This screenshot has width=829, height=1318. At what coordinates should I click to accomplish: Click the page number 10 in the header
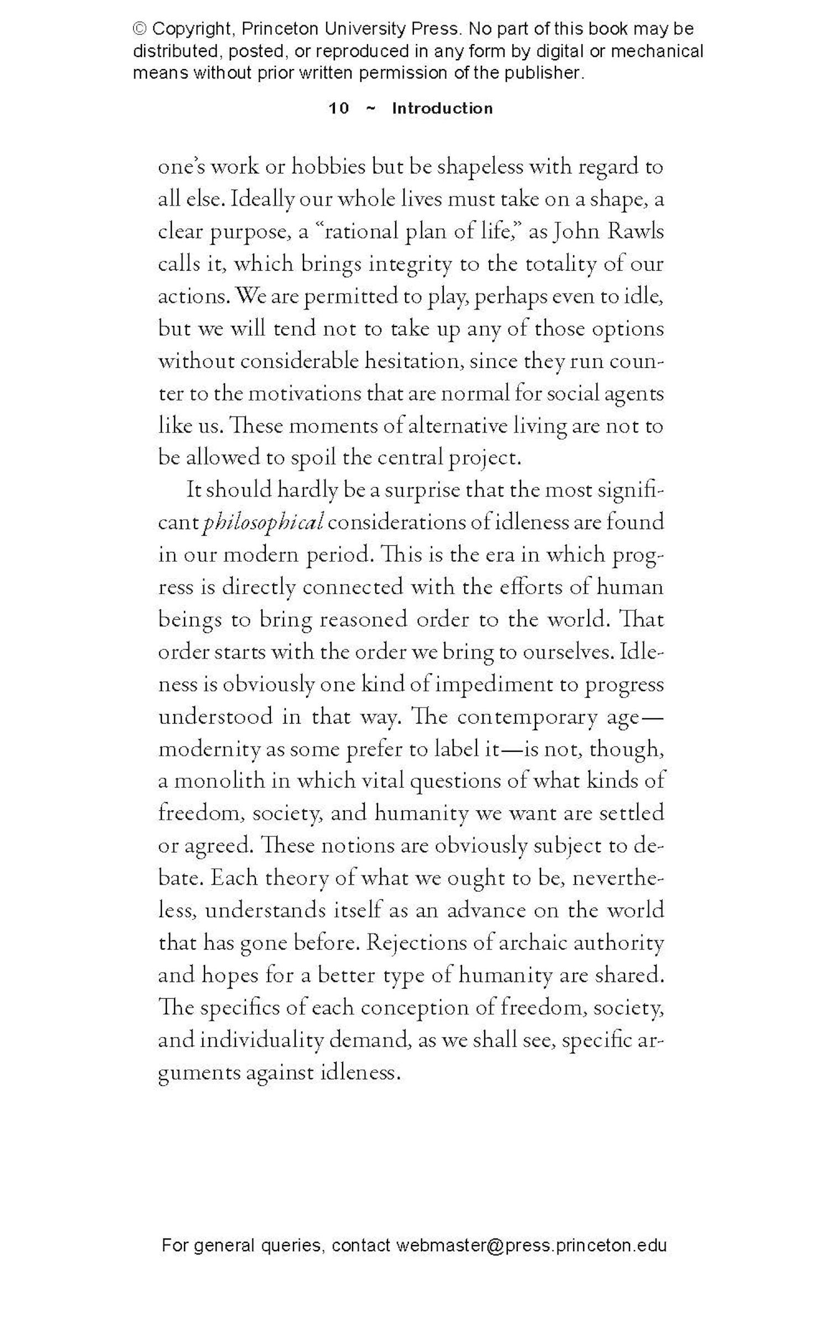(339, 108)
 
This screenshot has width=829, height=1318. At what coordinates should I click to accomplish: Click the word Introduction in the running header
(442, 108)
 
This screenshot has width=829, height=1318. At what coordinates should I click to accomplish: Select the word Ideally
(262, 199)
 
